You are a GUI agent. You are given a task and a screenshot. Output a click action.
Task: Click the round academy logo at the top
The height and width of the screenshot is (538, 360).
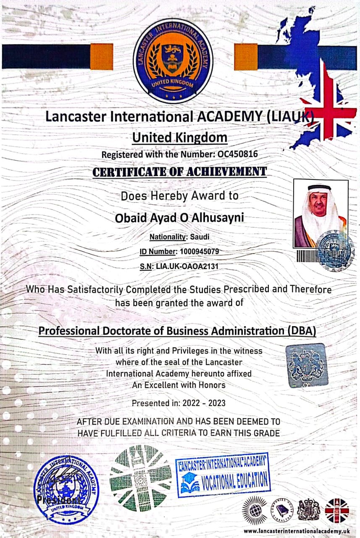tap(173, 61)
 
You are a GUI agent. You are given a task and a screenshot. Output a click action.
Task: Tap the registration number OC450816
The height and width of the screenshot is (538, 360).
tap(237, 154)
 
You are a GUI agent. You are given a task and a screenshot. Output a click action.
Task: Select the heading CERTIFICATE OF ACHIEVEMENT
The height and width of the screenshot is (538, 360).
tap(179, 171)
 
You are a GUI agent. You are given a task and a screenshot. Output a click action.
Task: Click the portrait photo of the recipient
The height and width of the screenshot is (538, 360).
tap(320, 215)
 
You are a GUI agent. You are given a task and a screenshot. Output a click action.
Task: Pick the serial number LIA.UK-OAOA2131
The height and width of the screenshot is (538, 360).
tap(187, 266)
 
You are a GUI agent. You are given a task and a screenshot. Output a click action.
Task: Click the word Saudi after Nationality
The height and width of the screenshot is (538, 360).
tap(200, 237)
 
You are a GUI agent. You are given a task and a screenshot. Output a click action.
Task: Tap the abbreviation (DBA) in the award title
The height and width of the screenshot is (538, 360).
tap(301, 331)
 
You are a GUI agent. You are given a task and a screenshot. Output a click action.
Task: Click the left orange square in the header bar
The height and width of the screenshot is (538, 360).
tap(101, 57)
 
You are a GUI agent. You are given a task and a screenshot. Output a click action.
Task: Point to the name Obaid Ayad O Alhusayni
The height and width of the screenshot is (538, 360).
tap(179, 218)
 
